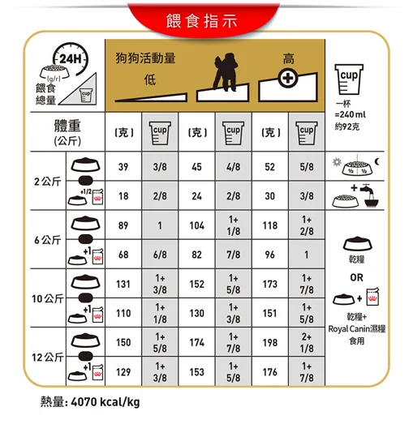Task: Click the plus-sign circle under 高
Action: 288,79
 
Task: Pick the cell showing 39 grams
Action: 123,166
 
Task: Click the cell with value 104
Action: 196,225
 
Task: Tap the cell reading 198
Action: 269,342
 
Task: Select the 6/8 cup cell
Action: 159,255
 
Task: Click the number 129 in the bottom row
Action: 123,371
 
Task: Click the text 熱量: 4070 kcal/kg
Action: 89,403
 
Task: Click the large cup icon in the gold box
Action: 355,77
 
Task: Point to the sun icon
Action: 338,162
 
